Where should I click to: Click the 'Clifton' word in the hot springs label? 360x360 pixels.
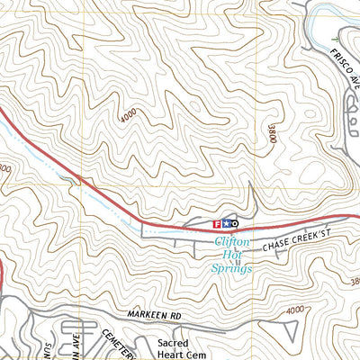click(x=231, y=242)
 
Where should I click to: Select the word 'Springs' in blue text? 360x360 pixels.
click(x=231, y=267)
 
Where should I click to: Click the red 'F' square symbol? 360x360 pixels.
click(x=216, y=223)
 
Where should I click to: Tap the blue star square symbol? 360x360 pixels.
click(x=225, y=223)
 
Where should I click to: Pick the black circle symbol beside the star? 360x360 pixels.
click(x=234, y=223)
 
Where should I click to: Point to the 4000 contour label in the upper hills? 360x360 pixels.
click(x=129, y=117)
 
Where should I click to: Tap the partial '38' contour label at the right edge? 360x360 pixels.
click(x=354, y=283)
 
